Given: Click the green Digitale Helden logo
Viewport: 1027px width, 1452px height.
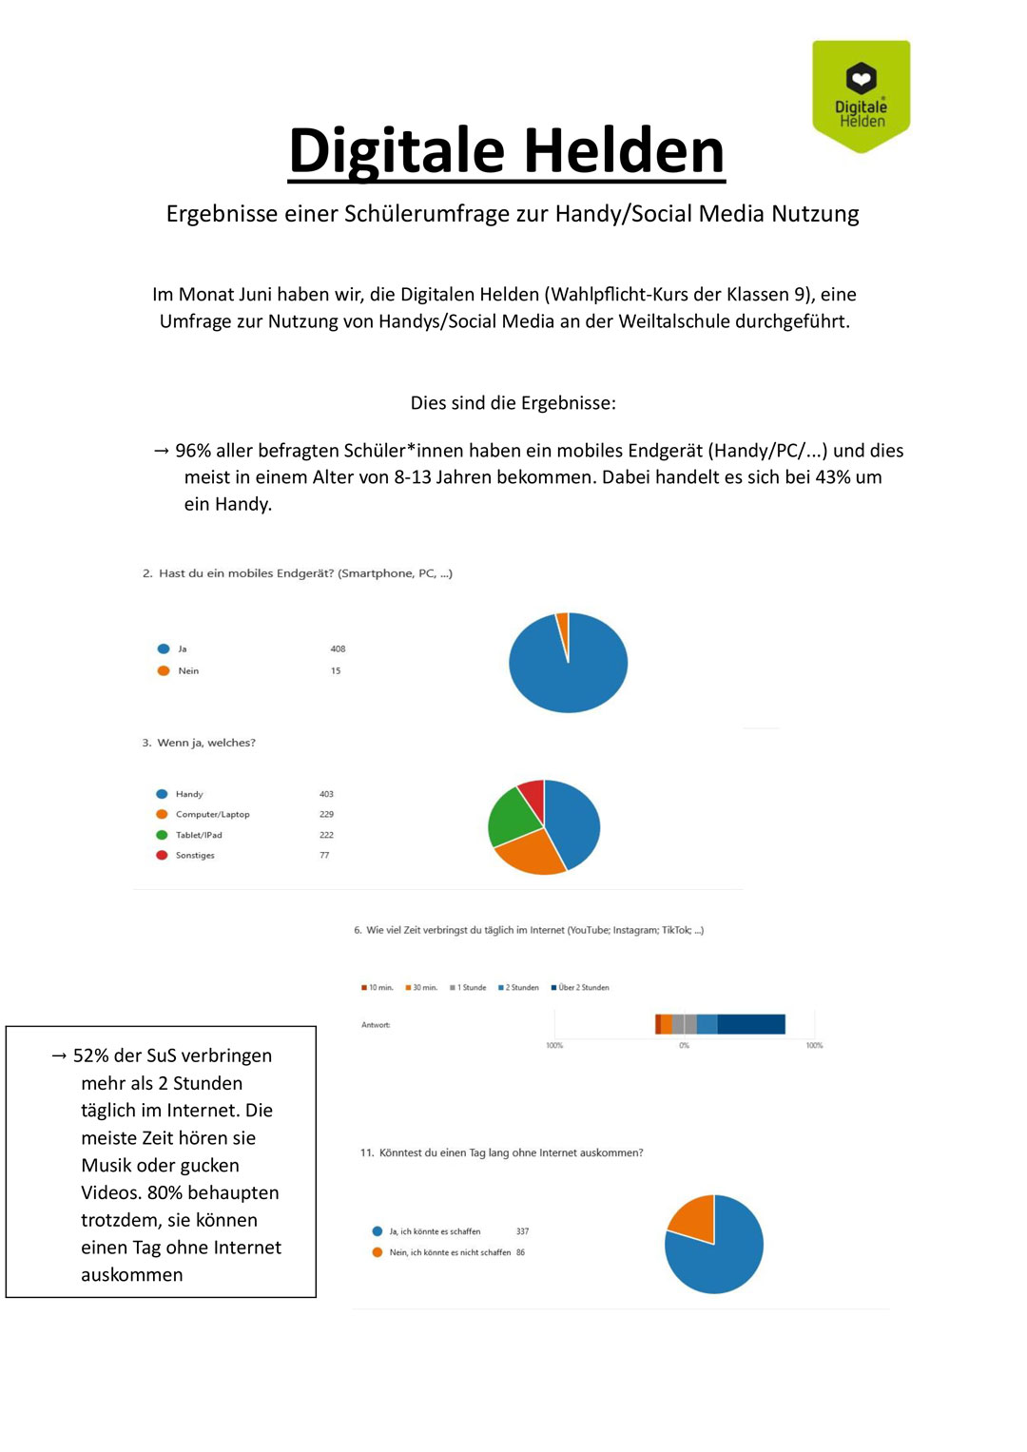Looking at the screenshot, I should click(861, 95).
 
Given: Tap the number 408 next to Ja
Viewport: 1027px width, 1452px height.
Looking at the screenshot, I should click(338, 649).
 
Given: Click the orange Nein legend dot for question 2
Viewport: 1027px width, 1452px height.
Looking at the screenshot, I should click(164, 670).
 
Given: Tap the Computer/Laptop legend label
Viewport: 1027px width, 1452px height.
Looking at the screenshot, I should click(212, 814).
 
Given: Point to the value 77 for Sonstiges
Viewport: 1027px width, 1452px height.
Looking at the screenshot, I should click(324, 855).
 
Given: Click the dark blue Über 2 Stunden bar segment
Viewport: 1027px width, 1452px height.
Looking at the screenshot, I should click(751, 1024).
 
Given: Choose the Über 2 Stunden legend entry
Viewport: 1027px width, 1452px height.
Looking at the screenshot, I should click(582, 987).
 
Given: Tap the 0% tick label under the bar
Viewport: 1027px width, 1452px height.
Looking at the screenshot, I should click(684, 1045).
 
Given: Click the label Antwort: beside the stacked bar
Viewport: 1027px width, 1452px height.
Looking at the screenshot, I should click(376, 1024).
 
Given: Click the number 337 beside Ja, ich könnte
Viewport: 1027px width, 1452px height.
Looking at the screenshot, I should click(522, 1231).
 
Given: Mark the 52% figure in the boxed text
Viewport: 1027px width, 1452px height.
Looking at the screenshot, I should click(90, 1055).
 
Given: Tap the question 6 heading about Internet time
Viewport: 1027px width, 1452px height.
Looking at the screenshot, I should click(529, 930).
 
